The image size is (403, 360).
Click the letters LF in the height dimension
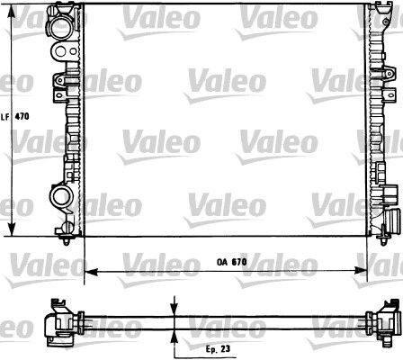pos(4,116)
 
